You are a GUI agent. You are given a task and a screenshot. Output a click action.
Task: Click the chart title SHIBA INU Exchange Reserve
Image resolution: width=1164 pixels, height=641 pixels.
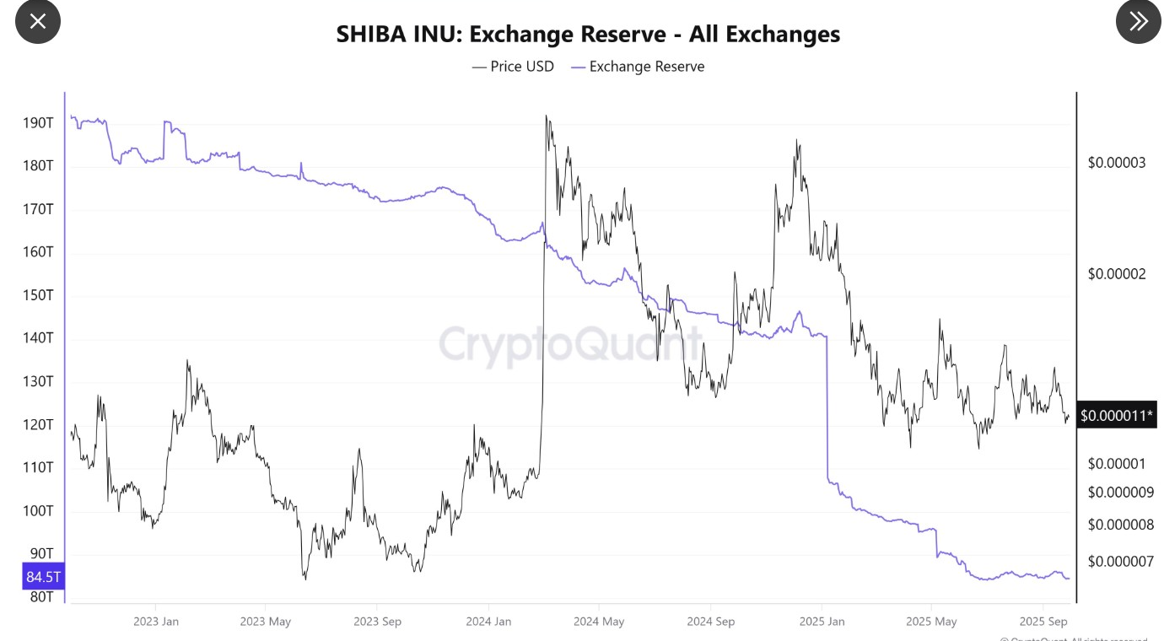(588, 34)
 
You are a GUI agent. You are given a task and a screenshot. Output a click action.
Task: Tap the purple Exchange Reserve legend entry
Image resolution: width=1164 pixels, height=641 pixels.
(638, 66)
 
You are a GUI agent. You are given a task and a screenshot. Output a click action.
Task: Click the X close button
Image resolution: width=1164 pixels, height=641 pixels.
(38, 21)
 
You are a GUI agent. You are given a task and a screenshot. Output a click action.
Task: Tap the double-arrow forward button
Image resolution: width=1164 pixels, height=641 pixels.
(1138, 21)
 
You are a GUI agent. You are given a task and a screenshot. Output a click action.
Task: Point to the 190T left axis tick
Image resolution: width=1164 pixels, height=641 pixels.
(38, 123)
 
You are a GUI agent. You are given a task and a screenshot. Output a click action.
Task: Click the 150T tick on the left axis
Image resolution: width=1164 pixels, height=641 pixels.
(38, 295)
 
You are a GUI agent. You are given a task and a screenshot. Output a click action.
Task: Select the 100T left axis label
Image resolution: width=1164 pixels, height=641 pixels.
(38, 511)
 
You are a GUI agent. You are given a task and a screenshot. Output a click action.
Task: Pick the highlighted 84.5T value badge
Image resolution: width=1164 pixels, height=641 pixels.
(44, 577)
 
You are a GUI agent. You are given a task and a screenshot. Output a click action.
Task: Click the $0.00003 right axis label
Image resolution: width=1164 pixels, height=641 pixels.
(1117, 162)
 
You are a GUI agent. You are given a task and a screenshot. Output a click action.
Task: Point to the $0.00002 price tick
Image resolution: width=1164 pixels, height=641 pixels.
(1117, 274)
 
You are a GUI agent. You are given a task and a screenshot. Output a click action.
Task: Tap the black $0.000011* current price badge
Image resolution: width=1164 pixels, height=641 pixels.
(1117, 415)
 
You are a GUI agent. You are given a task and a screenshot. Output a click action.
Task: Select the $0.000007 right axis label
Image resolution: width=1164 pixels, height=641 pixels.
(1120, 561)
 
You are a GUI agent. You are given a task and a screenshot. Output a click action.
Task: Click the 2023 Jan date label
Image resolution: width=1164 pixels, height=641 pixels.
(156, 622)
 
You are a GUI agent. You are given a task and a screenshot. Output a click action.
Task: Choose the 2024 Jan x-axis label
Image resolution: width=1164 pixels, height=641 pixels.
(489, 622)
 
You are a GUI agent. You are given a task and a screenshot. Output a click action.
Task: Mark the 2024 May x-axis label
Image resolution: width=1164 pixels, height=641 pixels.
(599, 622)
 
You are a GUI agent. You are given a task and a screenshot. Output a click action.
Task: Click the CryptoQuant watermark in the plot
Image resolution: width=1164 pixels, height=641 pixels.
(570, 344)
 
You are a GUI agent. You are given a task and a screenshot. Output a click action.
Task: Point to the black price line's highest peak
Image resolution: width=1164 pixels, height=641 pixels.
(547, 116)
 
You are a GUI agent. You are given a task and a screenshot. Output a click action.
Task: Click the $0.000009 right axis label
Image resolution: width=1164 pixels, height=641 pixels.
(1120, 492)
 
